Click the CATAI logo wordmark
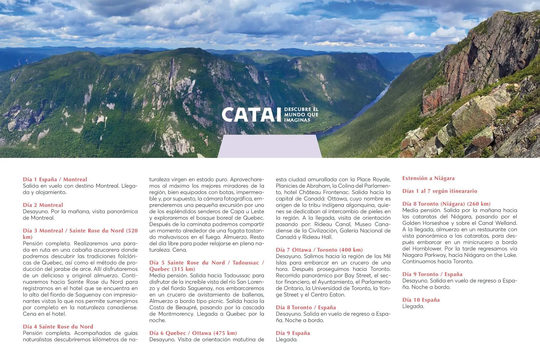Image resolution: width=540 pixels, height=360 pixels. pyautogui.click(x=249, y=115)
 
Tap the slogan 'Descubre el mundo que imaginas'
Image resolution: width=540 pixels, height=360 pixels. pyautogui.click(x=301, y=115)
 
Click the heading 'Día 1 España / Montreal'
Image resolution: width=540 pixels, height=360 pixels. pyautogui.click(x=55, y=179)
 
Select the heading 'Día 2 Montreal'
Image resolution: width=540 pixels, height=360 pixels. pyautogui.click(x=43, y=205)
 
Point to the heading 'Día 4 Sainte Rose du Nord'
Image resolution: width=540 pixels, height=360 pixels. pyautogui.click(x=58, y=326)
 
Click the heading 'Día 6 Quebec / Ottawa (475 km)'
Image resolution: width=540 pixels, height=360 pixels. pyautogui.click(x=193, y=333)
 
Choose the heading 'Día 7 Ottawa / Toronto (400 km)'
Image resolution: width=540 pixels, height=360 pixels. pyautogui.click(x=319, y=250)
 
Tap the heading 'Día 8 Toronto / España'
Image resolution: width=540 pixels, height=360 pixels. pyautogui.click(x=306, y=307)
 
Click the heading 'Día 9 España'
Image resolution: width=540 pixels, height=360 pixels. pyautogui.click(x=293, y=333)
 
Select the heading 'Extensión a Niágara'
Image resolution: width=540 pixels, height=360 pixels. pyautogui.click(x=428, y=178)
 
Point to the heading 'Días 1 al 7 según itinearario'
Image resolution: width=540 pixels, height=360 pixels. pyautogui.click(x=439, y=191)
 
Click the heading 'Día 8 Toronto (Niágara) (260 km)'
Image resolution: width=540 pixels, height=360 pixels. pyautogui.click(x=446, y=204)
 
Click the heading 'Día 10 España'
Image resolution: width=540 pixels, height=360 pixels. pyautogui.click(x=421, y=300)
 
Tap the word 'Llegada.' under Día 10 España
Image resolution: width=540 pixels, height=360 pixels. pyautogui.click(x=413, y=306)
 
